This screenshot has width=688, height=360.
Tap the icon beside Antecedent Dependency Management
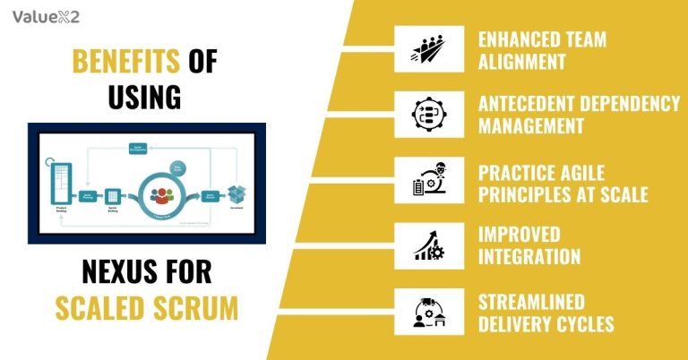point(428,114)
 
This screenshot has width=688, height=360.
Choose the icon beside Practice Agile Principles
point(428,179)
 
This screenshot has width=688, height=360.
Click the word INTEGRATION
point(529,257)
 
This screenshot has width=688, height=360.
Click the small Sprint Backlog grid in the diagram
point(113,195)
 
